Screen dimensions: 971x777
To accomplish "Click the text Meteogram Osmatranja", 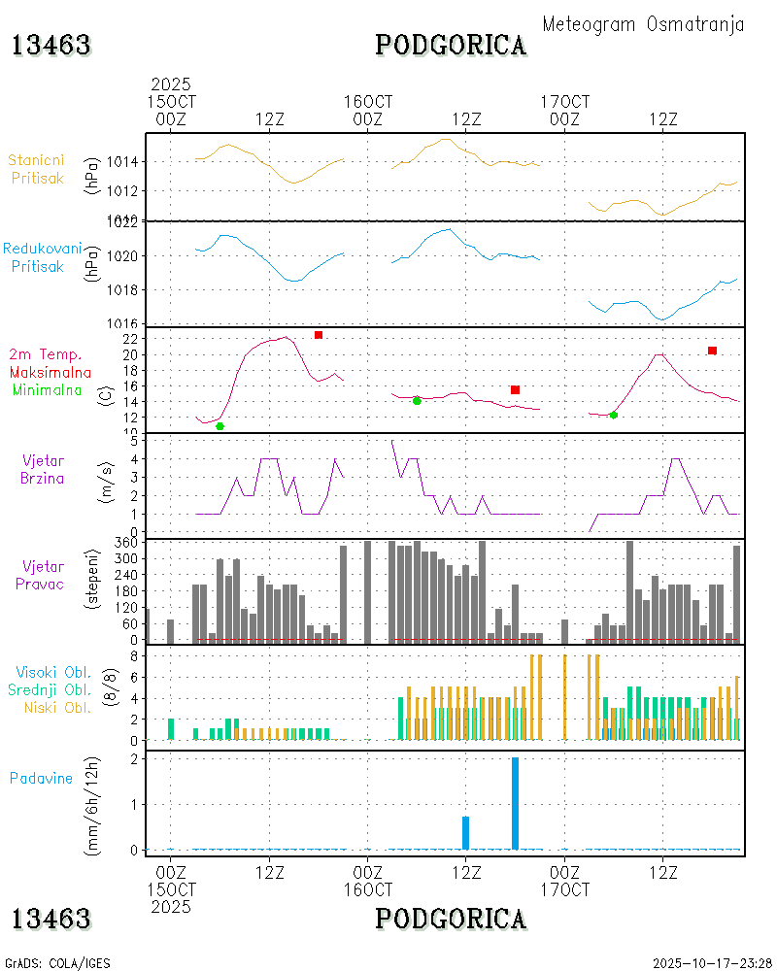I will coord(643,25).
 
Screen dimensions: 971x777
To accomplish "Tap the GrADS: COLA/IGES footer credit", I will coord(57,963).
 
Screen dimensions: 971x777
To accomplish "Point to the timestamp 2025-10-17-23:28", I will coord(712,963).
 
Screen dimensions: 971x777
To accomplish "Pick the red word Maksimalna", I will coord(51,372).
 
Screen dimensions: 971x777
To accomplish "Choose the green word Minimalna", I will coord(48,389).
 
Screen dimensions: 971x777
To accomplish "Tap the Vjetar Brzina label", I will coord(44,469).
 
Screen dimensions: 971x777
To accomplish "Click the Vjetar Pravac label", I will coord(44,574).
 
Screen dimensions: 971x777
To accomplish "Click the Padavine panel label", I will coord(41,778).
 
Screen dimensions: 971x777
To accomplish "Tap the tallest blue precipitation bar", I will coord(515,803).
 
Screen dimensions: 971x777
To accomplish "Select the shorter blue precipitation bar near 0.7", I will coord(465,833).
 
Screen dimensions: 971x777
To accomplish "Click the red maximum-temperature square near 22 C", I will coord(318,335).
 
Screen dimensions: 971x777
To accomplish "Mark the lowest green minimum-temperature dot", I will coord(220,426).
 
